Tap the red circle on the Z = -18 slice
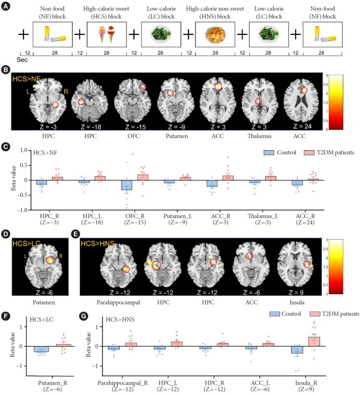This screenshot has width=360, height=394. pos(82,102)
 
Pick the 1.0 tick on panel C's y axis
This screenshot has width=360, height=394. pos(23,151)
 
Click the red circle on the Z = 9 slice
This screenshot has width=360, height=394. pos(307,264)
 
